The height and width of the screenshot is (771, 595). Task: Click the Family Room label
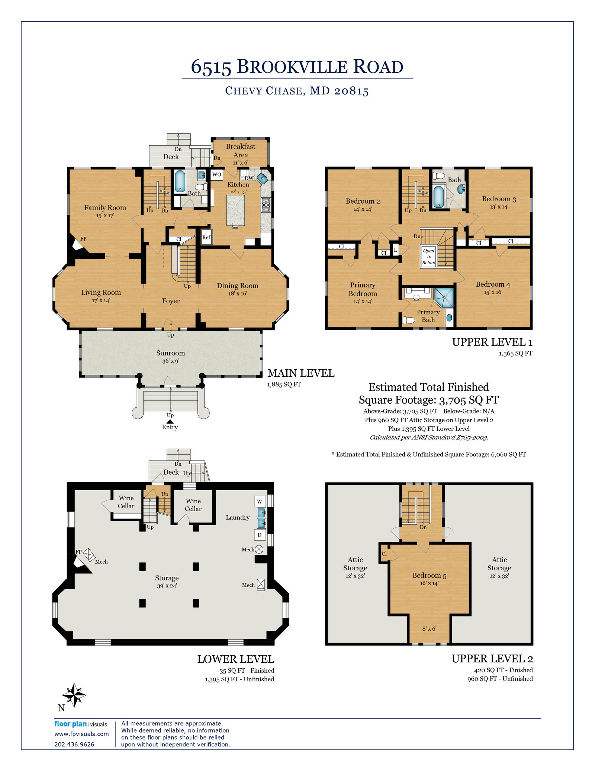click(105, 208)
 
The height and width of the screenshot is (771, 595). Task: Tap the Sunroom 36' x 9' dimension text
click(171, 361)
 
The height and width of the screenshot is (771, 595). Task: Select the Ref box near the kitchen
click(206, 237)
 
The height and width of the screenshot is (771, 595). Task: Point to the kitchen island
click(235, 210)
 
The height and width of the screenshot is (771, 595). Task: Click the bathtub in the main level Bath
click(180, 181)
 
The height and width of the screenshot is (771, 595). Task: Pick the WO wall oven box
click(217, 174)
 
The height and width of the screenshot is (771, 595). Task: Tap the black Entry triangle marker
click(170, 421)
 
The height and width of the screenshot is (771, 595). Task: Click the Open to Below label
click(429, 257)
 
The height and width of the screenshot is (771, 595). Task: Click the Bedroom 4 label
click(493, 284)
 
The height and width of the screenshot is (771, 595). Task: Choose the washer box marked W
click(260, 501)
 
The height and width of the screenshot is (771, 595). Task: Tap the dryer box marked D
click(260, 535)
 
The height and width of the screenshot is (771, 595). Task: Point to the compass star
click(74, 695)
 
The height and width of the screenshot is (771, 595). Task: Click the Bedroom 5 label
click(429, 576)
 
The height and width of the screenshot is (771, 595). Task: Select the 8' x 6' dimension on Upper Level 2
click(429, 628)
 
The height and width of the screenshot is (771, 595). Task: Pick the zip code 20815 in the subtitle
click(351, 91)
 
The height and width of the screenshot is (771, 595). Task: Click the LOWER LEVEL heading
click(236, 659)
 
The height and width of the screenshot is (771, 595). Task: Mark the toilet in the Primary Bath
click(409, 320)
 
